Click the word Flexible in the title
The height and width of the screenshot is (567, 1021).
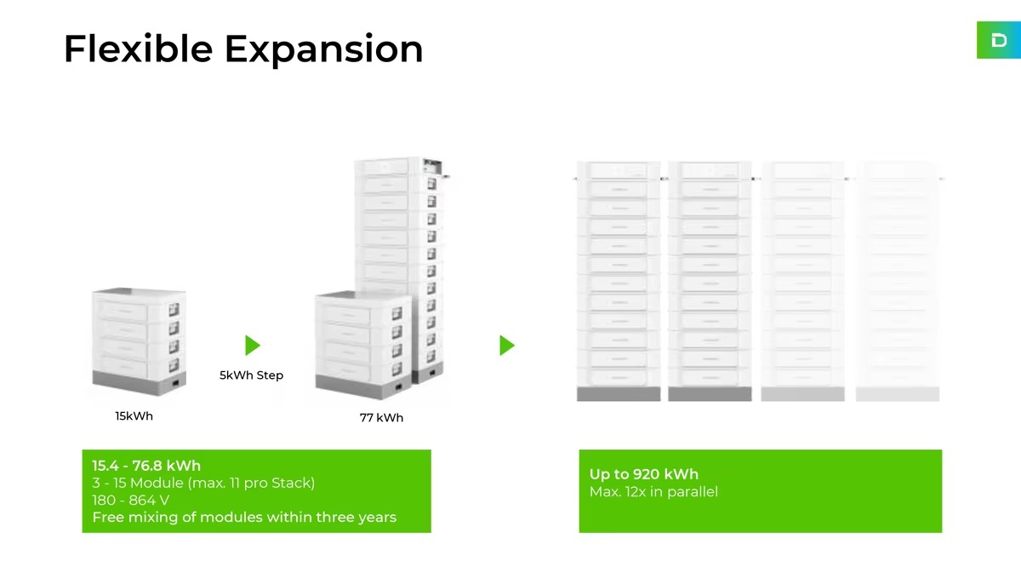139,49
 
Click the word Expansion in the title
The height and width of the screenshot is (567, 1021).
324,50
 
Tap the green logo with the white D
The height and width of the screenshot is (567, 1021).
999,40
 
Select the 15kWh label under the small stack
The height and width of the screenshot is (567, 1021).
134,416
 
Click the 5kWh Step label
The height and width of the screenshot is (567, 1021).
252,375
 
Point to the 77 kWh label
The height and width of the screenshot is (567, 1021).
381,418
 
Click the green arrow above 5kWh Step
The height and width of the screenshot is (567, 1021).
253,346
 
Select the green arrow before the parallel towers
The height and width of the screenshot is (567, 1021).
507,346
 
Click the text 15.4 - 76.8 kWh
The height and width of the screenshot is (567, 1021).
146,466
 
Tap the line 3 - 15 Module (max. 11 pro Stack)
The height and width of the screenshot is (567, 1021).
203,483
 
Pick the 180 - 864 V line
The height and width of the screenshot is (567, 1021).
130,501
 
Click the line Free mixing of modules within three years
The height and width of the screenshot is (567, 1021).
244,518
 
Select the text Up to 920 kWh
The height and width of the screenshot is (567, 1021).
643,474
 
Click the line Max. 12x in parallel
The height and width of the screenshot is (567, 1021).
653,492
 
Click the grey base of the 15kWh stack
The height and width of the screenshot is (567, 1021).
139,382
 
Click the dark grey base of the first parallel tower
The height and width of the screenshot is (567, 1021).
619,394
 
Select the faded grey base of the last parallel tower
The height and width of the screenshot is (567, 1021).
898,394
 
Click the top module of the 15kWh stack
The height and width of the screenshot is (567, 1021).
139,305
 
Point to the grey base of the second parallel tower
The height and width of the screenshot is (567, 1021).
710,394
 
